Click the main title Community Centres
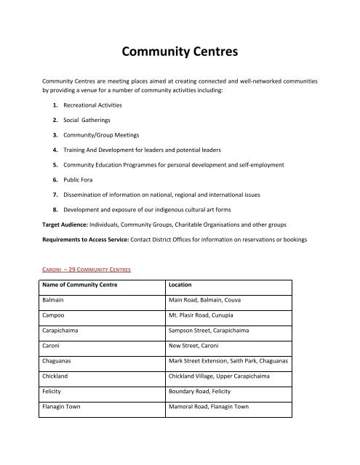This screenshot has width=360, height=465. (x=179, y=53)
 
